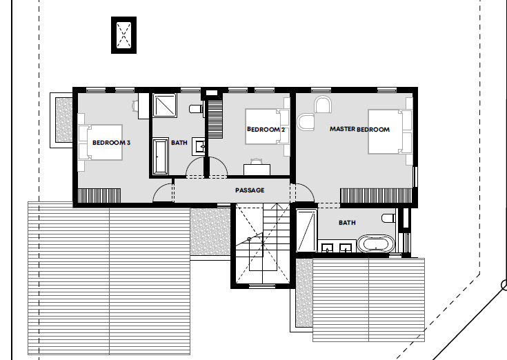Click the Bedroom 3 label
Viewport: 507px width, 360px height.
(111, 143)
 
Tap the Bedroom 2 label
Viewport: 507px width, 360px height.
(266, 129)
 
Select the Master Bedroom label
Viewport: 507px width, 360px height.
(359, 129)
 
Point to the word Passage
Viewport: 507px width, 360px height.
(250, 190)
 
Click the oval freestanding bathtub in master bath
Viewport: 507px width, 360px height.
(377, 243)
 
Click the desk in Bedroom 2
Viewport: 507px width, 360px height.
(257, 170)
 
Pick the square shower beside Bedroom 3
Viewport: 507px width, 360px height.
(165, 105)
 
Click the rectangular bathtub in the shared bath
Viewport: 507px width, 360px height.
(160, 157)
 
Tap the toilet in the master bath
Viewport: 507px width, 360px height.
(388, 218)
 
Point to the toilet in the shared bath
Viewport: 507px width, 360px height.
(197, 108)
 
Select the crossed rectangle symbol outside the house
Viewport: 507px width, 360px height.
(124, 35)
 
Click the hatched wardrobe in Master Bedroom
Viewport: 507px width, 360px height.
(376, 196)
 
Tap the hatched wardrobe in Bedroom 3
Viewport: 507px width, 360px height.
(99, 196)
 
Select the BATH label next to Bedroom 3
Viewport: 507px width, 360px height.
(179, 143)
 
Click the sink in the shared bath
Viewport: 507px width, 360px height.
(199, 146)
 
